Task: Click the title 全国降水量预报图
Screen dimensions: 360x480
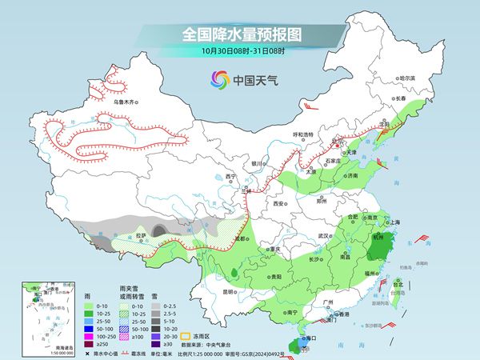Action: coord(239,35)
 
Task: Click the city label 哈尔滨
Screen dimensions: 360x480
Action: coord(407,78)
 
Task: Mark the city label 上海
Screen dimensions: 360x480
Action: coord(393,222)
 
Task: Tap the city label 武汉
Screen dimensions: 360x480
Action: coord(323,236)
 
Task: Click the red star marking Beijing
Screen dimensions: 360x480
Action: coord(336,148)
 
